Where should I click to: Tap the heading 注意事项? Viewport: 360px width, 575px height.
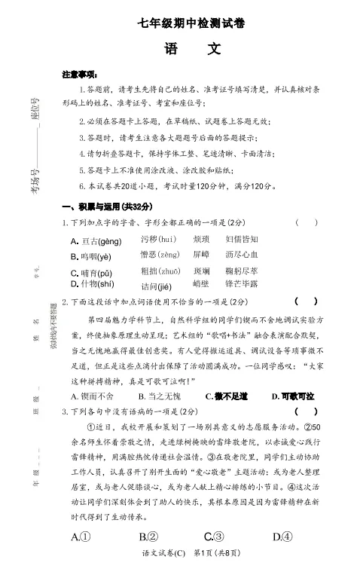pos(79,75)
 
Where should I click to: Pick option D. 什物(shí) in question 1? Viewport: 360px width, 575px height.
pos(92,283)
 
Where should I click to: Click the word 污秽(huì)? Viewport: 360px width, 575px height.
pos(158,239)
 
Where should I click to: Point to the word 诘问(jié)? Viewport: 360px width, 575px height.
pos(157,286)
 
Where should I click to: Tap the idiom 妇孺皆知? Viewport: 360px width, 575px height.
pos(241,239)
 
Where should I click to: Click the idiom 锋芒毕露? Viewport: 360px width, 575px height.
pos(241,283)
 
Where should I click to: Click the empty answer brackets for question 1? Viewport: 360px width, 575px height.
pos(307,223)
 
